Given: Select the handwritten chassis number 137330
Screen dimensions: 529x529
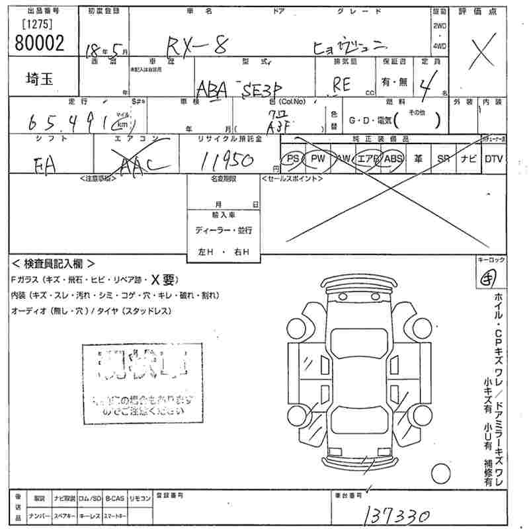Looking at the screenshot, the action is (396, 515).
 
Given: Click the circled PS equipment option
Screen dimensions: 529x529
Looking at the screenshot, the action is (292, 159).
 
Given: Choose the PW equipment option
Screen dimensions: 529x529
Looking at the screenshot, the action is (318, 159).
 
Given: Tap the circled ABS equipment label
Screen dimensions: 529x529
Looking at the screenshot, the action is (393, 159).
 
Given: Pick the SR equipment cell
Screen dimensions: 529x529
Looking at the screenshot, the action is (443, 159).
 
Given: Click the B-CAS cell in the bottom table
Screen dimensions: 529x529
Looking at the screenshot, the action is (114, 497).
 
